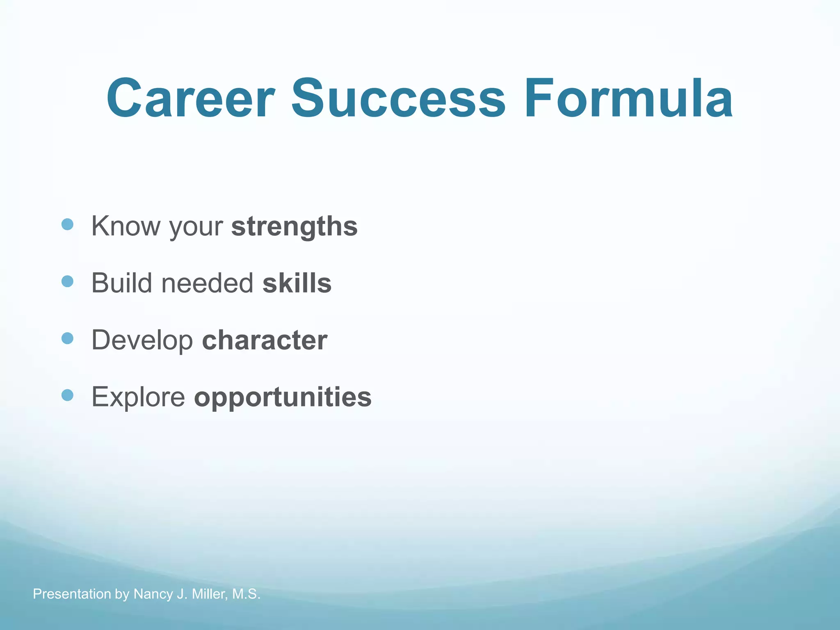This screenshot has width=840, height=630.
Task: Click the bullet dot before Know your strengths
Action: (67, 224)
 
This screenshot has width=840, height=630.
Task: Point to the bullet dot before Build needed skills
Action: (67, 281)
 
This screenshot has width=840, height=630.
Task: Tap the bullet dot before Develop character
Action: (67, 338)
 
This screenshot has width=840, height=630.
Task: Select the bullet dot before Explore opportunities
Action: (67, 395)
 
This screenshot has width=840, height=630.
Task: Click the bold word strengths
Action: (294, 226)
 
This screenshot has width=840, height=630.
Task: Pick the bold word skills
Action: (297, 283)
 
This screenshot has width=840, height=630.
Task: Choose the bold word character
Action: (265, 340)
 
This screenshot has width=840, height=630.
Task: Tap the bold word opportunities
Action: (283, 397)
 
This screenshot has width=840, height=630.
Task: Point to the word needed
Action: (207, 283)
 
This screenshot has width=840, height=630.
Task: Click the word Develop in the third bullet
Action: (142, 340)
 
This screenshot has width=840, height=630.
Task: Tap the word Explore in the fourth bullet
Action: (138, 397)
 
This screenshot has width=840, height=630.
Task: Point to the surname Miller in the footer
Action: (209, 594)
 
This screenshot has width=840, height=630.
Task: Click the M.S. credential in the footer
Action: (246, 594)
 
